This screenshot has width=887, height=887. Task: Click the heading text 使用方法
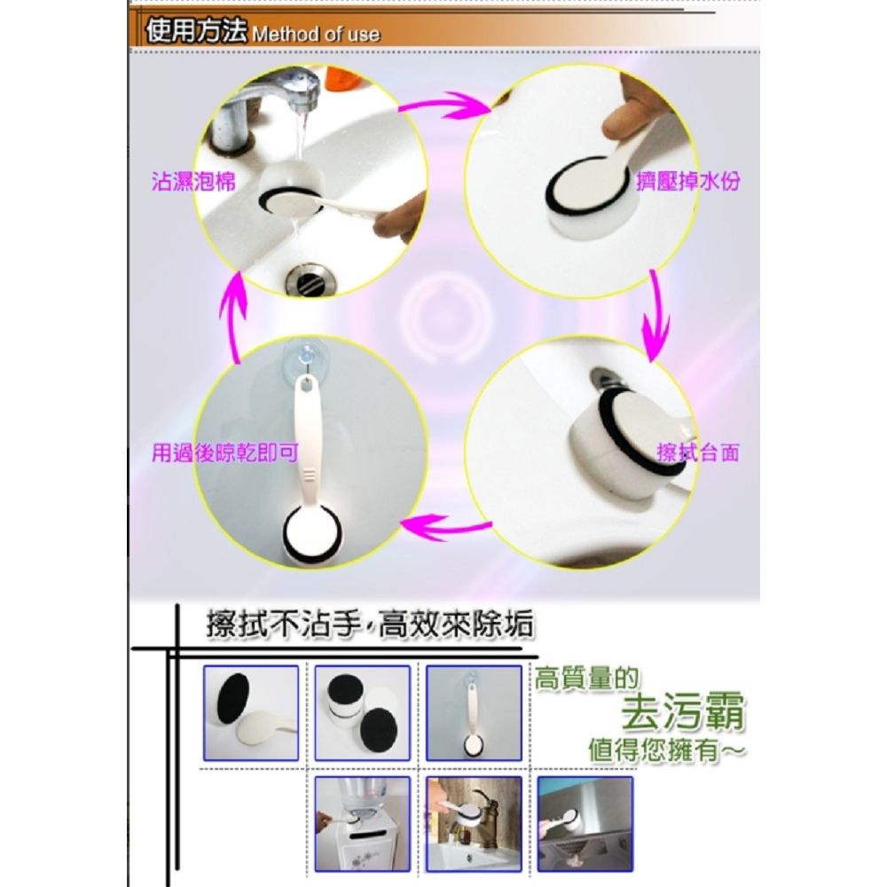(196, 30)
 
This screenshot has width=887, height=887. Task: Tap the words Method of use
(316, 35)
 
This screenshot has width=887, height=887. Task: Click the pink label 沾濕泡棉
(192, 182)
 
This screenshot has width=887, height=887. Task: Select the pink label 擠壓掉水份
(688, 182)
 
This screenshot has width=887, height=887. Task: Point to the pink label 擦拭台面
(698, 452)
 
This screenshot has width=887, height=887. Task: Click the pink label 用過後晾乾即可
(224, 452)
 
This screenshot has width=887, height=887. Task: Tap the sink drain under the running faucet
(310, 279)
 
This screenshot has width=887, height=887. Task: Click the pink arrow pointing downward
(656, 317)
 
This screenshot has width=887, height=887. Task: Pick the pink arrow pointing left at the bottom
(446, 527)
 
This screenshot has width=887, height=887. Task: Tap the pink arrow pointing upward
(233, 317)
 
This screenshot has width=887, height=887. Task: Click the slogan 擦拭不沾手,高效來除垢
(370, 625)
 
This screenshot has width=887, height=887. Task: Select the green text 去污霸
(683, 711)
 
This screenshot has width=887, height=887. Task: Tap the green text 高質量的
(586, 679)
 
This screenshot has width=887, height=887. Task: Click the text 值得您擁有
(668, 750)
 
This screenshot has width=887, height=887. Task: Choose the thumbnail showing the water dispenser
(362, 824)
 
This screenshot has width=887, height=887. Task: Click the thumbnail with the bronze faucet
(474, 824)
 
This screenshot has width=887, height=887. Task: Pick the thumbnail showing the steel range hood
(585, 824)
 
